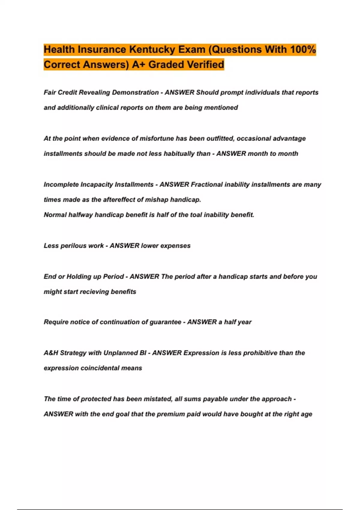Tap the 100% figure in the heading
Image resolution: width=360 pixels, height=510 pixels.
pos(303,49)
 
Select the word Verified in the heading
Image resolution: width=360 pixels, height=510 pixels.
pos(205,64)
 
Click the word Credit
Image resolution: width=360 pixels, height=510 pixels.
pos(67,92)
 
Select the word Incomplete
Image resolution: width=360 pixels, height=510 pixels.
pos(61,184)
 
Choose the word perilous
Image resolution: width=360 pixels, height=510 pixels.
pos(73,246)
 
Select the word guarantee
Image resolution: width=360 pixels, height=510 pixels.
pos(165,322)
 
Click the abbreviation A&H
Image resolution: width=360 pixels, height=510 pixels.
pos(51,353)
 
